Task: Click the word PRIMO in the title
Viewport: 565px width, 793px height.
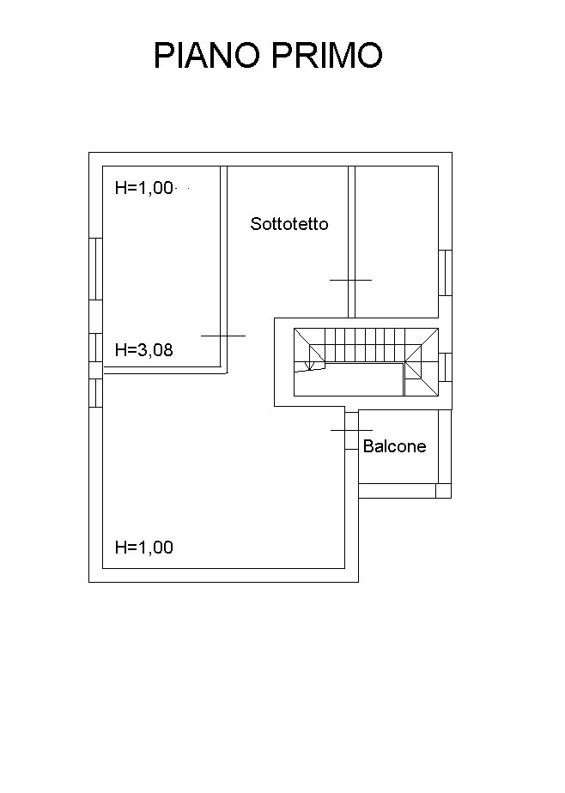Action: (327, 55)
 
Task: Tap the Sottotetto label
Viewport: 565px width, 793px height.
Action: (289, 224)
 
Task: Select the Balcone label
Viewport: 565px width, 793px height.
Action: (394, 446)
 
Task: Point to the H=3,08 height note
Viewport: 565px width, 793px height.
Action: (144, 349)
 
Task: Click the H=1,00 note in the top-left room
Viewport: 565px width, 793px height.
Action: (144, 188)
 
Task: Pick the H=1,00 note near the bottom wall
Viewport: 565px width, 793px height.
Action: (144, 548)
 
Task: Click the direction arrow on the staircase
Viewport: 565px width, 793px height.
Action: (310, 365)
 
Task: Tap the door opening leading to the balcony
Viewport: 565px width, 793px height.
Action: (351, 430)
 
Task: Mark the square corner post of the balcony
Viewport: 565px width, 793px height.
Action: (443, 491)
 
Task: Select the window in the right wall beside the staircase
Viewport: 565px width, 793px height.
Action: (445, 367)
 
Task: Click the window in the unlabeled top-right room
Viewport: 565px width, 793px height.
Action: (445, 273)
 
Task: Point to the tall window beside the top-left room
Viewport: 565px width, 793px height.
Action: (95, 269)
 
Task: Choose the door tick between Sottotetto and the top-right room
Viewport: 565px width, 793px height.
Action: (350, 280)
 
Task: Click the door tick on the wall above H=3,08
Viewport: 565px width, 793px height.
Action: (223, 336)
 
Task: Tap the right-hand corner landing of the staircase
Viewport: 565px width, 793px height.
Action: (422, 362)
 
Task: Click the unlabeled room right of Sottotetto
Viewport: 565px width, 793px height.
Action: (397, 242)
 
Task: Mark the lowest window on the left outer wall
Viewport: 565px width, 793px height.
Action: (95, 393)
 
